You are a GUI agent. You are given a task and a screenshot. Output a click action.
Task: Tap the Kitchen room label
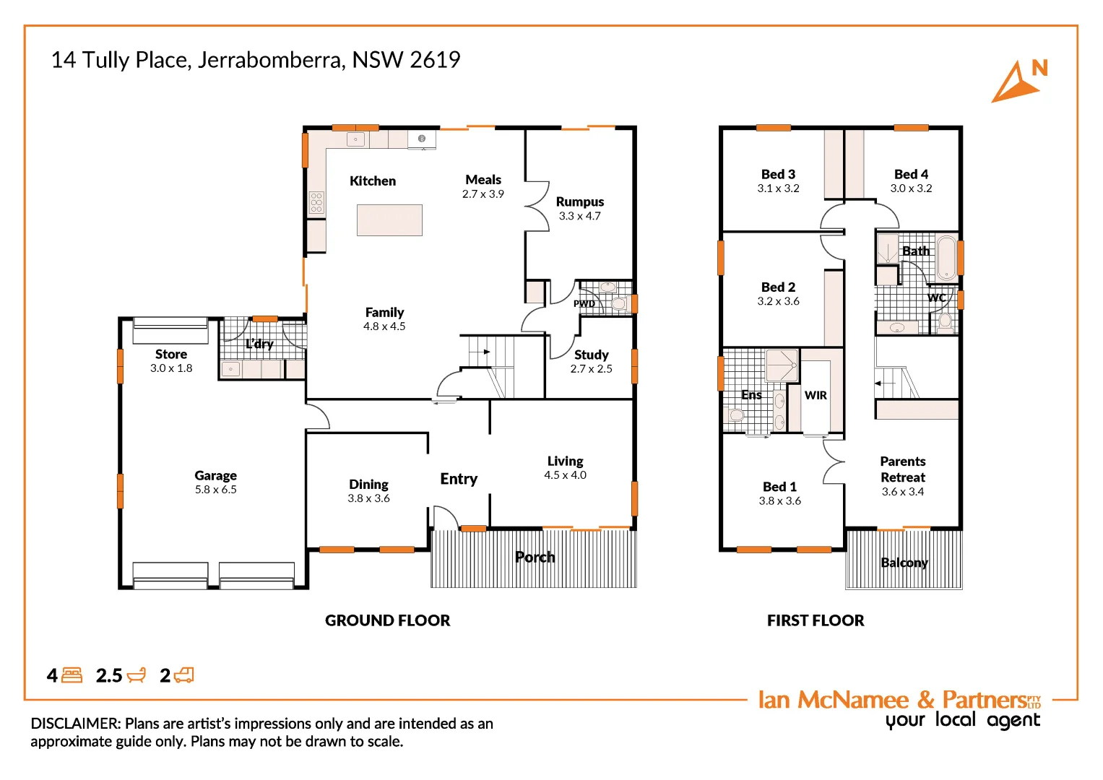click(x=373, y=181)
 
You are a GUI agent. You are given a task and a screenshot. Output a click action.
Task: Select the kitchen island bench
click(x=389, y=220)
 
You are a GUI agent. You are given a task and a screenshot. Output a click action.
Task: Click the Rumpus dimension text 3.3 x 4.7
click(x=579, y=216)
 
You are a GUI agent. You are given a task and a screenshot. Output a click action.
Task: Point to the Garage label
click(x=215, y=475)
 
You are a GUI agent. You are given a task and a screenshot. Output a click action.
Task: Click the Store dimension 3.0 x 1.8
click(x=171, y=368)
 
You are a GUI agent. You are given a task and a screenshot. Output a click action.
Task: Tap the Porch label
click(x=535, y=557)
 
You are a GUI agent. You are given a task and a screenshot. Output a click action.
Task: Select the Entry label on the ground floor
click(x=459, y=479)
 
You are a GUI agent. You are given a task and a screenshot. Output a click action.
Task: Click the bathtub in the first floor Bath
click(x=946, y=258)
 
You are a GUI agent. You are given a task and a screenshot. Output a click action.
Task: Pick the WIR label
click(x=816, y=395)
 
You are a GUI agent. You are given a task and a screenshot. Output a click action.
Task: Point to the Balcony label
click(x=904, y=563)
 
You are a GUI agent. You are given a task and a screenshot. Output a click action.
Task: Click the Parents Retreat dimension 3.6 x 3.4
click(x=903, y=492)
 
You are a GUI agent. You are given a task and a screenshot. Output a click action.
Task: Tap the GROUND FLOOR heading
click(x=387, y=620)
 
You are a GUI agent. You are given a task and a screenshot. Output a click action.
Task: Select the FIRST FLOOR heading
click(x=816, y=620)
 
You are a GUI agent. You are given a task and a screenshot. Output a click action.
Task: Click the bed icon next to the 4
click(x=72, y=675)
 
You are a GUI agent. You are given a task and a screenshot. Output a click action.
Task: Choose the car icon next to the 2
click(x=184, y=675)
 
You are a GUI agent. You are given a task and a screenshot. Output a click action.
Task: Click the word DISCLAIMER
click(x=75, y=724)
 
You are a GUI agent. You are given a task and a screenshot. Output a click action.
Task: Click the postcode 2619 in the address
click(x=435, y=60)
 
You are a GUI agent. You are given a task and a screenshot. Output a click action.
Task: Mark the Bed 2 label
click(x=778, y=287)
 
